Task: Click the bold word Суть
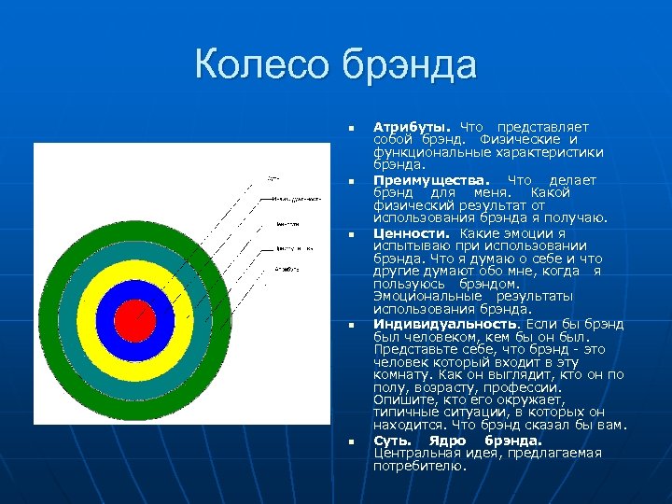pyautogui.click(x=393, y=440)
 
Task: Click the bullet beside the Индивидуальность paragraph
pyautogui.click(x=349, y=326)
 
